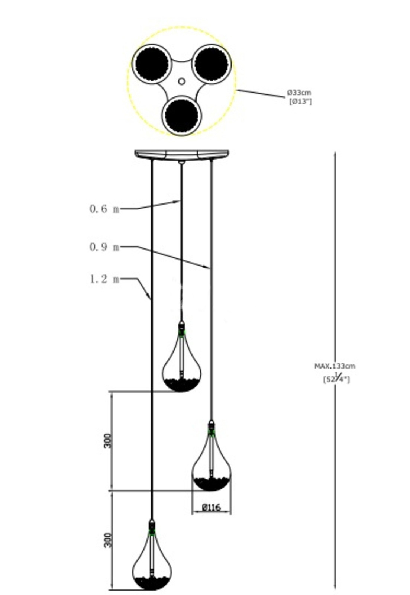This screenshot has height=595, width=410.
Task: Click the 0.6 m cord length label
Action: (x=104, y=209)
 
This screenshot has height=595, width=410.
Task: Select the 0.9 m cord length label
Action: (x=104, y=247)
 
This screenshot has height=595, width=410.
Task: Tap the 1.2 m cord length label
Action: (x=104, y=279)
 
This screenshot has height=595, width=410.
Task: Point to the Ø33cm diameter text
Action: (x=299, y=92)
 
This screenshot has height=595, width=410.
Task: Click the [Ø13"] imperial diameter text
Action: (x=300, y=101)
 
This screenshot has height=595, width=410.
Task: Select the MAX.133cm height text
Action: (x=335, y=366)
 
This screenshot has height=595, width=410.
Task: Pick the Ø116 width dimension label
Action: (x=211, y=507)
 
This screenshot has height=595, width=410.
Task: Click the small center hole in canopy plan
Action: (x=181, y=81)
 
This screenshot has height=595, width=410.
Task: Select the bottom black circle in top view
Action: (x=182, y=115)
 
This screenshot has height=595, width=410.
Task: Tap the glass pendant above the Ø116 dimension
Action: (x=211, y=465)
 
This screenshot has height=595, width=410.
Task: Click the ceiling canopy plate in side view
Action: (x=181, y=154)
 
